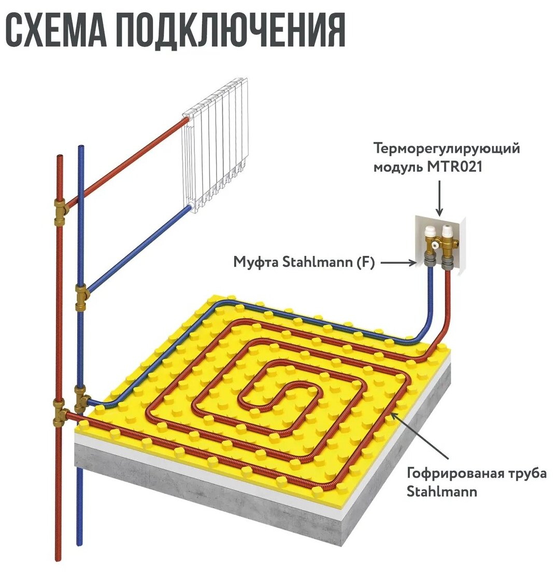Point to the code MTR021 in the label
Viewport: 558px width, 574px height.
pos(450,167)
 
